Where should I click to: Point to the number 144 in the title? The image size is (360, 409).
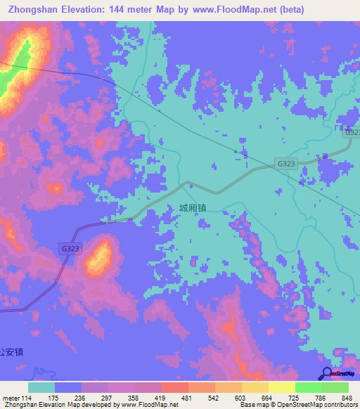130,9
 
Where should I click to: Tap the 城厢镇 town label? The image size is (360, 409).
192,208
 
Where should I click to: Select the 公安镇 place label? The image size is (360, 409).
12,352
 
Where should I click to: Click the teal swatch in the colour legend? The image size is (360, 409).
41,387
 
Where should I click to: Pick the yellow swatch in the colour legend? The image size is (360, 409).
281,387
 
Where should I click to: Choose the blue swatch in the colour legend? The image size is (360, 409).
68,387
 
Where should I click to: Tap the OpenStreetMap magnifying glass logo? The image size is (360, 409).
326,374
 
